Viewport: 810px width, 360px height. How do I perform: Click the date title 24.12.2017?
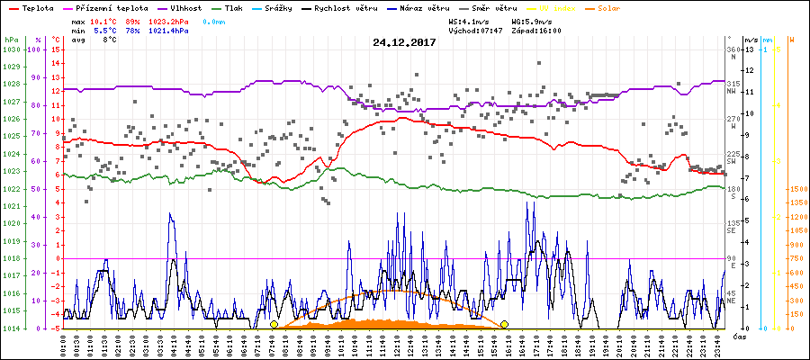(x=404, y=41)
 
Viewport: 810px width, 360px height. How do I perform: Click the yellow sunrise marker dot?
(x=274, y=324)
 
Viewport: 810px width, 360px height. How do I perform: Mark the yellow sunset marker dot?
(x=505, y=324)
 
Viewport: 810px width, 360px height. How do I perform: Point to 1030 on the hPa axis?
(x=11, y=49)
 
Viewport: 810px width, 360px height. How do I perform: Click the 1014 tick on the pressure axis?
(x=11, y=328)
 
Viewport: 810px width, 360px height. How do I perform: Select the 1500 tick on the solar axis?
(x=796, y=189)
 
